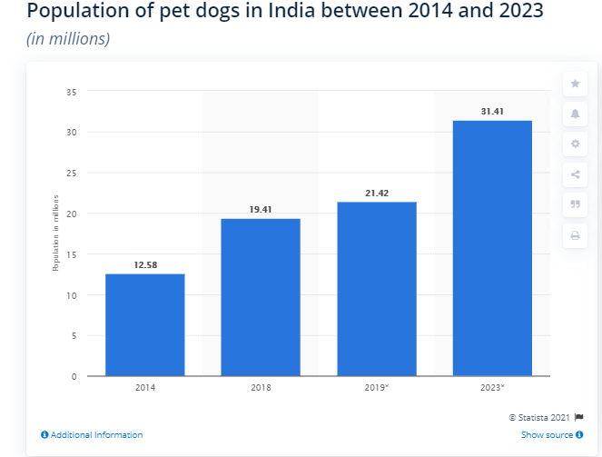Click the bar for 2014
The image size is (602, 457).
(144, 324)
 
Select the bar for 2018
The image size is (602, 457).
(261, 297)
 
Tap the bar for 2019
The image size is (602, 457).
(377, 289)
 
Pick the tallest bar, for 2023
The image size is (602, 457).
(492, 248)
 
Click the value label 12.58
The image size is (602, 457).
(145, 265)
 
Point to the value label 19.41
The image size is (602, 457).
(261, 209)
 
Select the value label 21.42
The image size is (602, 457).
(377, 193)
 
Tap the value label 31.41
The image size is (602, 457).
(492, 111)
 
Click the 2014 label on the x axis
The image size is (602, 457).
(145, 388)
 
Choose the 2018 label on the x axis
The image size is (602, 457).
(261, 388)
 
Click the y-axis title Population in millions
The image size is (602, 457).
(54, 232)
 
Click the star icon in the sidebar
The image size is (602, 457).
(575, 84)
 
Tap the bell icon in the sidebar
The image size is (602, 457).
(575, 114)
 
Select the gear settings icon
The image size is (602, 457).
(575, 144)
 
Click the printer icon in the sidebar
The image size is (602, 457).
(575, 235)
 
